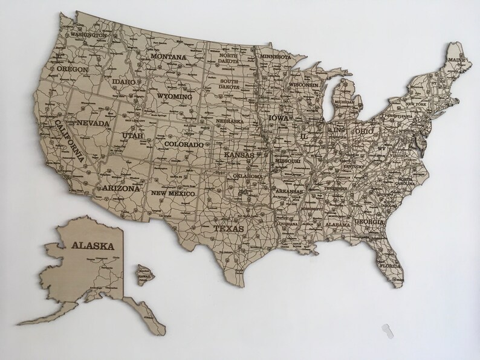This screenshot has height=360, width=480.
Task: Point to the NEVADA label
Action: point(94,124)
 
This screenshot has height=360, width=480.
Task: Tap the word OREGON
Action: point(73,69)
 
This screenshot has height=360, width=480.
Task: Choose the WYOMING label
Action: point(174,96)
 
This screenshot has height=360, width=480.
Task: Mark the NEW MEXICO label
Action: point(173,194)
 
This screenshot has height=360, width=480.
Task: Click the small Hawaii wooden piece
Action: point(144,272)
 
